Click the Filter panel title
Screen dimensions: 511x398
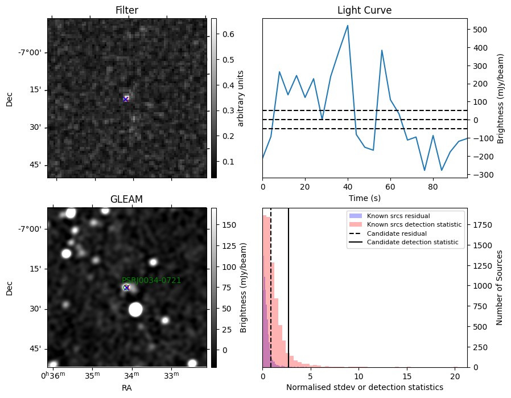pos(127,10)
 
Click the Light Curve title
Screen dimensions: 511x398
pos(364,10)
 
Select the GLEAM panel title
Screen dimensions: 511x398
pos(126,199)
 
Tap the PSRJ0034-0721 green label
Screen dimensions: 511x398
pos(151,280)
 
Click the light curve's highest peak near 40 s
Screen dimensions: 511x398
pos(348,26)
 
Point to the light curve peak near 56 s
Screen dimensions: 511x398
pos(382,50)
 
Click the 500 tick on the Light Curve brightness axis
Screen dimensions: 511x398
pos(480,30)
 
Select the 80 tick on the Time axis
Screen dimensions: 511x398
pos(433,187)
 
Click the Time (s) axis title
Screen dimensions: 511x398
pos(365,198)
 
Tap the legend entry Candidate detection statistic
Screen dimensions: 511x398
pos(413,242)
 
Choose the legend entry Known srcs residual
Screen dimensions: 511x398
pos(398,216)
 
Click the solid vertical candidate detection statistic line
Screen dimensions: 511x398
pos(289,288)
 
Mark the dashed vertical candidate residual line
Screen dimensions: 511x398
pos(271,288)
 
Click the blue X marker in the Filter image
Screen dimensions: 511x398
pos(125,99)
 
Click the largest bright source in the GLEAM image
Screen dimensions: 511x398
pos(135,309)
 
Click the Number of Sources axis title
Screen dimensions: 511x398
pos(499,288)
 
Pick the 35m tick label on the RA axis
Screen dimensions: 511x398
pos(93,375)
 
